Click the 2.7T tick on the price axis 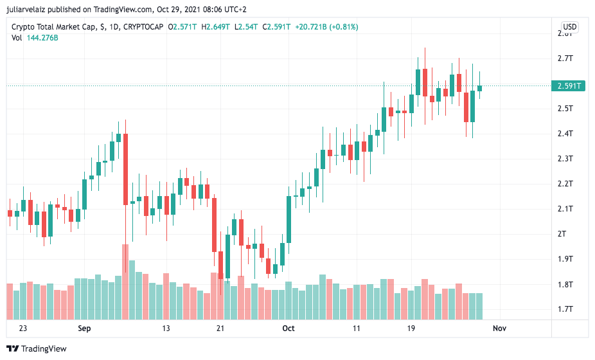(565, 59)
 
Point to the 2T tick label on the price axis (562, 234)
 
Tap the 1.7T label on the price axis (565, 309)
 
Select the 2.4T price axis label (565, 134)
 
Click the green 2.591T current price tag (569, 85)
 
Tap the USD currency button (570, 27)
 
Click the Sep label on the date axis (84, 328)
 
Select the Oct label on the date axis (288, 328)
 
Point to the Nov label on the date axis (499, 328)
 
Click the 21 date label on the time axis (220, 328)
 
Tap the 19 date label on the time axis (411, 328)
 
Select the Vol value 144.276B (42, 38)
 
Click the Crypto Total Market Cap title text (53, 27)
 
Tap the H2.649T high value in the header (215, 27)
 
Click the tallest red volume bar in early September (125, 282)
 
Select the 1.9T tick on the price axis (565, 259)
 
